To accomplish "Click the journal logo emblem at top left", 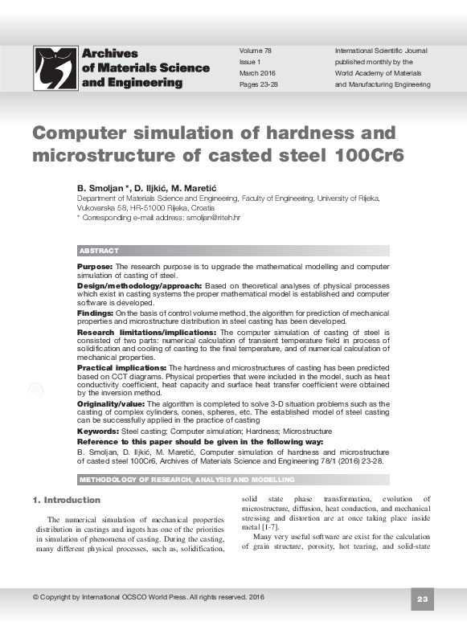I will tap(55, 67).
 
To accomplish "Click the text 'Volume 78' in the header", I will tap(256, 50).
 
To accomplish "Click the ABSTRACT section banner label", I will tap(99, 252).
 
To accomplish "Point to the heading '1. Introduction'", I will tap(66, 501).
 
